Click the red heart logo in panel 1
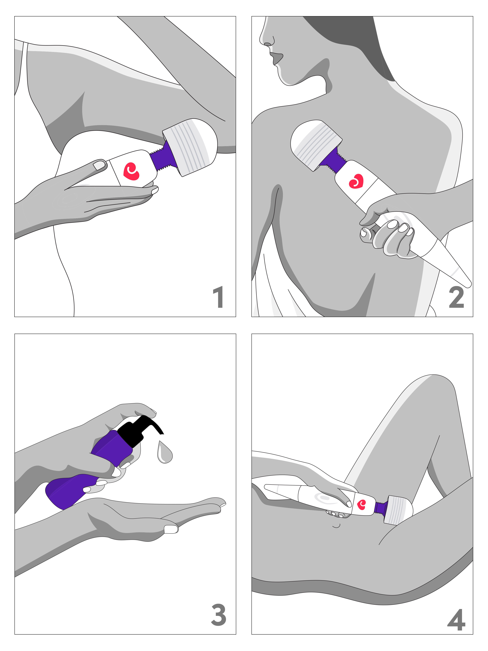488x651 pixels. tap(131, 171)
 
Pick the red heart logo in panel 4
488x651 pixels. tap(361, 505)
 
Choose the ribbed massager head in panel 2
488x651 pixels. tap(316, 144)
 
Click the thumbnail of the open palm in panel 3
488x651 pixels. tap(171, 529)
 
